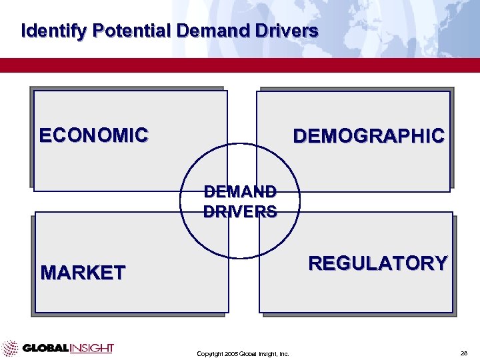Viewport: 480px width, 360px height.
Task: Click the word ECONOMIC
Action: [93, 135]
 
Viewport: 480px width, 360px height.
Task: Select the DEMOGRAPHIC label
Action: [369, 136]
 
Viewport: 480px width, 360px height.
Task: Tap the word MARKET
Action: [83, 273]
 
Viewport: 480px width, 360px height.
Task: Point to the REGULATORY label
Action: [377, 263]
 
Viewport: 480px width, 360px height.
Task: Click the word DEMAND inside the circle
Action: [240, 192]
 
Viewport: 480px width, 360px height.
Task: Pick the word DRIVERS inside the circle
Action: [240, 212]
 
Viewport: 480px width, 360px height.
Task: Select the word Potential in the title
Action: [133, 31]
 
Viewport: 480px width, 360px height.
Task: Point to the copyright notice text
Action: [243, 354]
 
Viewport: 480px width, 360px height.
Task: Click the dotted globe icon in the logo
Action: [10, 348]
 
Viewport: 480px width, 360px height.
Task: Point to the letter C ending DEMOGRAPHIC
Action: [437, 136]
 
